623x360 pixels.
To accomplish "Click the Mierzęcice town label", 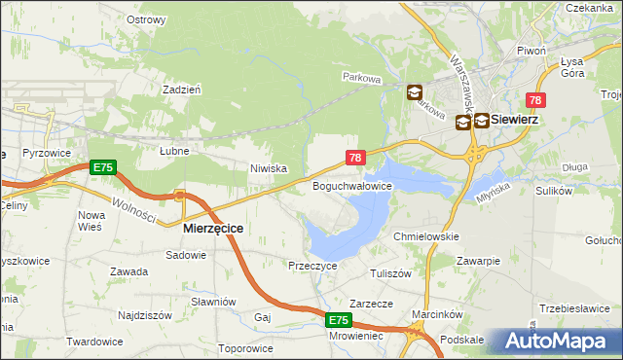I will point(213,227).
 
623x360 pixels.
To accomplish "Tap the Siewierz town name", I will point(516,119).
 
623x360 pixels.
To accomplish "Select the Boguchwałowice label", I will point(351,185).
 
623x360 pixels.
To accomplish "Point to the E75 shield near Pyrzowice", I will point(103,168).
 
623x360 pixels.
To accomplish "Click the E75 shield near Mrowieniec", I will point(338,320).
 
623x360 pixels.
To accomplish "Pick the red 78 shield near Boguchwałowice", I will point(355,158).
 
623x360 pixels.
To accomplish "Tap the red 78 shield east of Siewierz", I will point(535,100).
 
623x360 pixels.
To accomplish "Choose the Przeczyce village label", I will point(312,265).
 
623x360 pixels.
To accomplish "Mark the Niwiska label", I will point(269,168).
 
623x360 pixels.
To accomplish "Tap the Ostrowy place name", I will point(146,19).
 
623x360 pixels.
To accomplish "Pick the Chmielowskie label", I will point(425,236).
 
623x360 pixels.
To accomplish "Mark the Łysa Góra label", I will point(571,66).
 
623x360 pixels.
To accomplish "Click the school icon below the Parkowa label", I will point(415,92).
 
